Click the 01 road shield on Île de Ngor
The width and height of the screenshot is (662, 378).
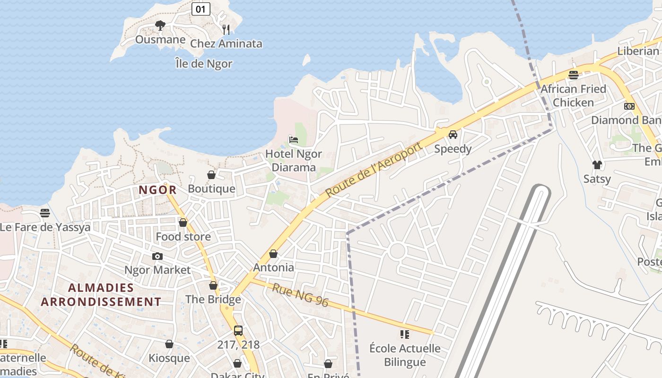click(201, 9)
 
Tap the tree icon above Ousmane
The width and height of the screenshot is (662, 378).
click(160, 25)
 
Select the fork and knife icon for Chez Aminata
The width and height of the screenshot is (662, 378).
click(226, 29)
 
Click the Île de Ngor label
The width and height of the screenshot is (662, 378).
click(203, 63)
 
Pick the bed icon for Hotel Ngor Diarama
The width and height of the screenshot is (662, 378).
click(294, 140)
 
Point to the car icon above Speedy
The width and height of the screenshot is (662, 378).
click(453, 135)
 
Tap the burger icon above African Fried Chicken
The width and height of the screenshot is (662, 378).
click(574, 75)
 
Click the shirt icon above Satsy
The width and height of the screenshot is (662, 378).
click(597, 164)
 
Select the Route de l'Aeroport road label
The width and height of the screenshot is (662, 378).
click(374, 169)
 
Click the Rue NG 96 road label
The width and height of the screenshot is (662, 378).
click(300, 295)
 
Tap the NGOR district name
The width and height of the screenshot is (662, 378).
click(157, 190)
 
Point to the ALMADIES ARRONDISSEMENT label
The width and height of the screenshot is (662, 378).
click(101, 294)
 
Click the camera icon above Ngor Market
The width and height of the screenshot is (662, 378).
click(157, 256)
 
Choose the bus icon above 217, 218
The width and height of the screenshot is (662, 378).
click(238, 330)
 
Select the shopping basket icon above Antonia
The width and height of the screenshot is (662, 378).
click(273, 254)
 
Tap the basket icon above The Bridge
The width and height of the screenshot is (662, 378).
click(213, 285)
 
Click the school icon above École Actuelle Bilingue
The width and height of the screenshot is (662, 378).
click(405, 335)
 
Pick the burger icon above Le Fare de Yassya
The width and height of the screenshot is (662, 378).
click(45, 213)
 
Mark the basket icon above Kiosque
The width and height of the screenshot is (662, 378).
click(169, 344)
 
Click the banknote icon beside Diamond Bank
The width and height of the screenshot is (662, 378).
click(629, 106)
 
